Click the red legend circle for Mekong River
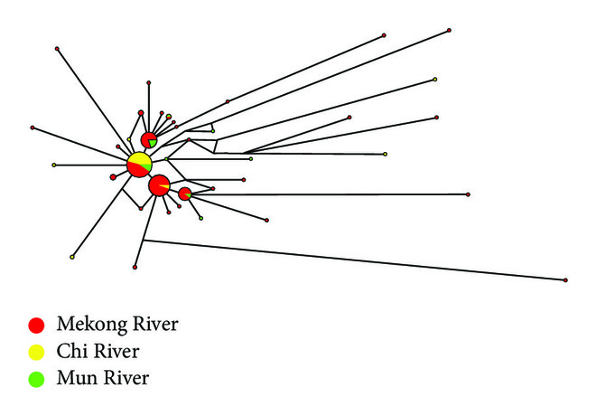(36, 325)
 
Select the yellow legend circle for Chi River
(36, 352)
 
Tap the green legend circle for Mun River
(36, 379)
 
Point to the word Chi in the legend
(70, 351)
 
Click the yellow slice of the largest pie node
(141, 158)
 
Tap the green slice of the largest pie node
(148, 165)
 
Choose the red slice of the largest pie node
(136, 170)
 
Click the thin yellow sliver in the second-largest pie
(164, 185)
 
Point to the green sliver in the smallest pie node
(189, 195)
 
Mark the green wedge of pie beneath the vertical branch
(152, 143)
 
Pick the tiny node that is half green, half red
(169, 116)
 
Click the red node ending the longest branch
(565, 280)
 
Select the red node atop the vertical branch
(149, 82)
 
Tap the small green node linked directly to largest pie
(166, 159)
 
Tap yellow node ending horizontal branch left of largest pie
(54, 165)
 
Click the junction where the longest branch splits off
(144, 241)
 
